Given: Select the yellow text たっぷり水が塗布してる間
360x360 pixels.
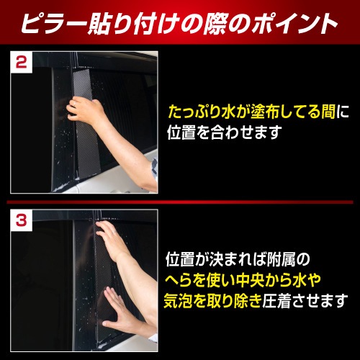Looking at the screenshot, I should point(248,113).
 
